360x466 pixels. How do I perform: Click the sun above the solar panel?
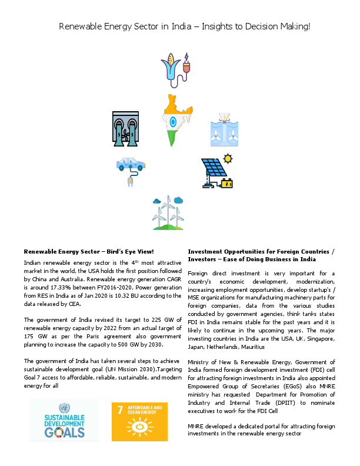tap(228, 158)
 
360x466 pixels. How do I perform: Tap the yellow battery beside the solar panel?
tap(226, 184)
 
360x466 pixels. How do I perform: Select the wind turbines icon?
tap(167, 213)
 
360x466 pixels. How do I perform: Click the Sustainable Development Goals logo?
tap(65, 420)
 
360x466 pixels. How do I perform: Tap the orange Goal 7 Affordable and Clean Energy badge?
tap(139, 421)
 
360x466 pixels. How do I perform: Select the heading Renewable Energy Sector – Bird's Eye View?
tap(88, 251)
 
